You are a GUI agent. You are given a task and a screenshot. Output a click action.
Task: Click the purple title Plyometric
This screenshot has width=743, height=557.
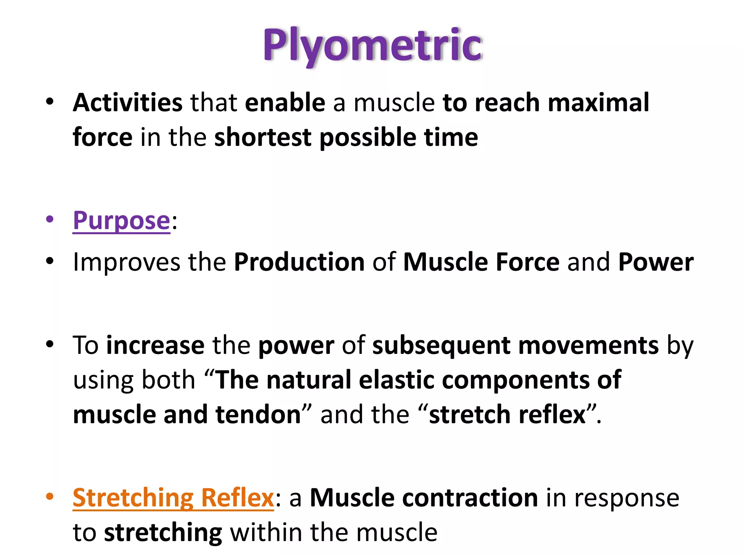[373, 45]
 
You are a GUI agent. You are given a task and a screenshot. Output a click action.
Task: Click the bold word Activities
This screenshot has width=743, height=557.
[127, 103]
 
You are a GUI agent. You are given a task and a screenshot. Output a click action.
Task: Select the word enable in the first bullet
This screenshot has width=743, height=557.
[285, 103]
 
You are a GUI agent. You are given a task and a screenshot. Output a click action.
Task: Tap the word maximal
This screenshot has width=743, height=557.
[598, 103]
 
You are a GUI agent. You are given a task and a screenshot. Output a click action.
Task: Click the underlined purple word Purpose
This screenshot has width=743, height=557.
[122, 220]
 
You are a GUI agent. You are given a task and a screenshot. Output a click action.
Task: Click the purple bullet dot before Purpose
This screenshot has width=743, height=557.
[50, 219]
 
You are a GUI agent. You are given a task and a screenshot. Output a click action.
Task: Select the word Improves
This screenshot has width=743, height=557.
[127, 262]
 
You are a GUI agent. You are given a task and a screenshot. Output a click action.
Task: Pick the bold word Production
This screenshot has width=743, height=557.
[299, 262]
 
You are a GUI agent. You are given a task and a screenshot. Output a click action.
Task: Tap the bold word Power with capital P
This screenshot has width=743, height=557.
[656, 262]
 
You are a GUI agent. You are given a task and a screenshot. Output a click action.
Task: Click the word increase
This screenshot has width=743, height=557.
[155, 346]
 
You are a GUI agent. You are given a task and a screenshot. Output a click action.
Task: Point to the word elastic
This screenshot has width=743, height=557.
[397, 380]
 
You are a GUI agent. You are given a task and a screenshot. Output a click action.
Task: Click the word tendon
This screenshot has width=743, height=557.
[258, 414]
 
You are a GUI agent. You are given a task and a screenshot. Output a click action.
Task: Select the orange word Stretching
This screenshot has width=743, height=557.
[133, 498]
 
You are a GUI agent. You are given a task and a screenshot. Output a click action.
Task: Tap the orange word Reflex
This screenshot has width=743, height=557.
[237, 498]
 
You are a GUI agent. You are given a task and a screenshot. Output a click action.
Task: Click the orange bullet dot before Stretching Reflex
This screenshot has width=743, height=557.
[50, 496]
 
